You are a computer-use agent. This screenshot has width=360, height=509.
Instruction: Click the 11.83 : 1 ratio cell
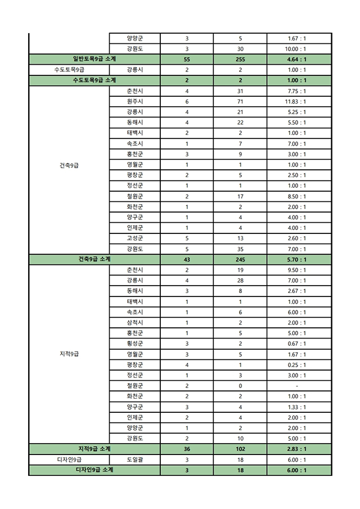pos(296,102)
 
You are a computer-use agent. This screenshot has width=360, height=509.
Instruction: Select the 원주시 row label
pos(134,102)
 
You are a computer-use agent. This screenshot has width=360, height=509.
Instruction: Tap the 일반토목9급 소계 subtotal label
pos(94,59)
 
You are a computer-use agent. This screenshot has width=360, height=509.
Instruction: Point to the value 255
pos(240,59)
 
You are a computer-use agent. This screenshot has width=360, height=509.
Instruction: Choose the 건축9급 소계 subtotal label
pos(94,259)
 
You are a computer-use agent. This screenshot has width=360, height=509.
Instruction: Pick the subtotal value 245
pos(240,259)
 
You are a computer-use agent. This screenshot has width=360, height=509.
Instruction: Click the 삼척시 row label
pos(134,323)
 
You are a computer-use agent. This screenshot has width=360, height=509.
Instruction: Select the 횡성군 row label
pos(134,344)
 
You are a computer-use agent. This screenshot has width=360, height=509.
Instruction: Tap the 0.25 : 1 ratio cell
pos(296,365)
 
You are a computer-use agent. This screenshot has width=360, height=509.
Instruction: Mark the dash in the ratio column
pos(296,386)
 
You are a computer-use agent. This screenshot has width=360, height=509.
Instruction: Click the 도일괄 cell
pos(134,460)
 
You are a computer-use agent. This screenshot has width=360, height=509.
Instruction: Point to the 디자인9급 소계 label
pos(94,470)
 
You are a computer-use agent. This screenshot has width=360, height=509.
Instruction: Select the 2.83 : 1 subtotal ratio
pos(296,449)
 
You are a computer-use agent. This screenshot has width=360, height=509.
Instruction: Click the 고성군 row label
pos(134,238)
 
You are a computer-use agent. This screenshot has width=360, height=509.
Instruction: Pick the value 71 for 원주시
pos(240,102)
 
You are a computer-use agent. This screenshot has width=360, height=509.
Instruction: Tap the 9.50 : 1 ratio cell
pos(296,270)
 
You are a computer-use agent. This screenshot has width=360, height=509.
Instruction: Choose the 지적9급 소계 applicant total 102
pos(240,449)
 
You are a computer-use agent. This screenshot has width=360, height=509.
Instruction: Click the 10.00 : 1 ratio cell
pos(296,49)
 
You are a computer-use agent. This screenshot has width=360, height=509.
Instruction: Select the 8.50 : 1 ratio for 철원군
pos(296,196)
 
